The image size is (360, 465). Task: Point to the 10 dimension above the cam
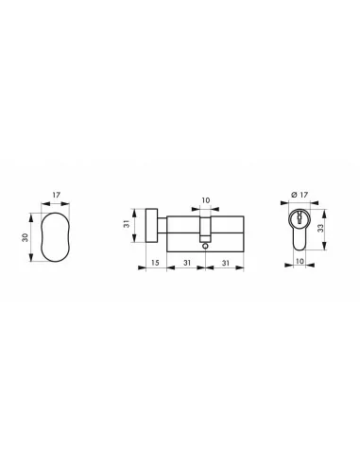point(205,200)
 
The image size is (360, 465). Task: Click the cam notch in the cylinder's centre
point(205,231)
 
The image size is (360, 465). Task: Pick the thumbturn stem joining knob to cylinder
point(162,225)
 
